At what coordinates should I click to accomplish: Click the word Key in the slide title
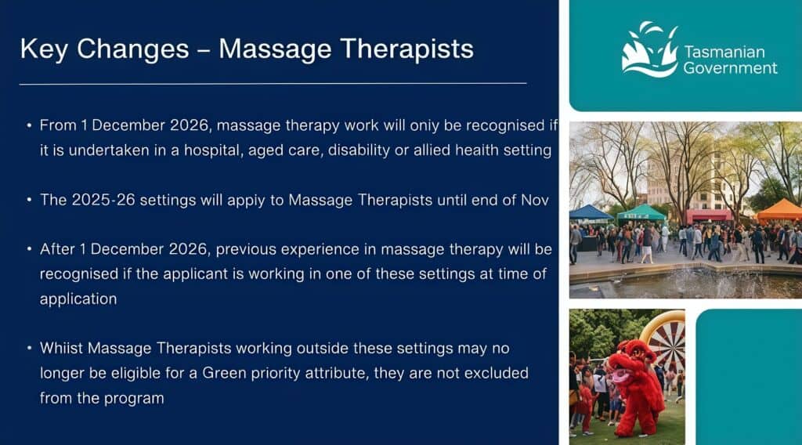pyautogui.click(x=44, y=49)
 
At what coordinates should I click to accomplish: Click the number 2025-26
pyautogui.click(x=103, y=200)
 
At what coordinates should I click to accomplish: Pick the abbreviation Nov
pyautogui.click(x=535, y=200)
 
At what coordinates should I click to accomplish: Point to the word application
pyautogui.click(x=78, y=298)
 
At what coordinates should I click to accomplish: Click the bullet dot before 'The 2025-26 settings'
pyautogui.click(x=29, y=200)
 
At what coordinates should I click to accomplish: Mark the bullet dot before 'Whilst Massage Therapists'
pyautogui.click(x=29, y=348)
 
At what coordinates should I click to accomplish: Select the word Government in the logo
pyautogui.click(x=730, y=68)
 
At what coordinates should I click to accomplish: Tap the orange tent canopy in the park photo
pyautogui.click(x=779, y=210)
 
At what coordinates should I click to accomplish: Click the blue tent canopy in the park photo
pyautogui.click(x=591, y=212)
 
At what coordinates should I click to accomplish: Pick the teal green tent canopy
pyautogui.click(x=641, y=212)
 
